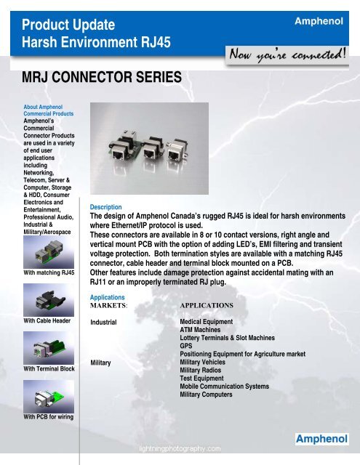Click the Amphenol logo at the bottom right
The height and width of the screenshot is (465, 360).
(x=325, y=438)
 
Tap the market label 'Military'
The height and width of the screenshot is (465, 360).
(x=100, y=361)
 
